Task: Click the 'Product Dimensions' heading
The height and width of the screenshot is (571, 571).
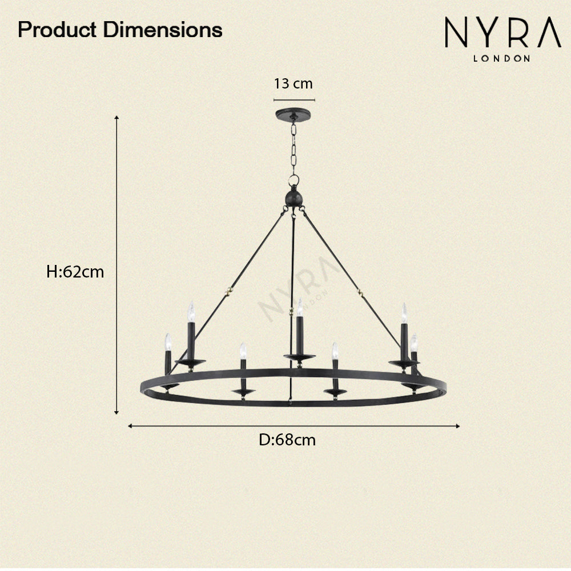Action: point(120,30)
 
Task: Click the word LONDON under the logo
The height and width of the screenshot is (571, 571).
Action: point(502,58)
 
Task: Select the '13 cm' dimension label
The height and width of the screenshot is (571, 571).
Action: point(293,84)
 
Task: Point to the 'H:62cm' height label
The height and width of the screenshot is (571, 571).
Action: point(75,272)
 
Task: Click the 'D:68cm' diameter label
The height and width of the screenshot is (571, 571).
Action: point(287,440)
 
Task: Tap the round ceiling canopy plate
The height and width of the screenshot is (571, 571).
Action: point(293,114)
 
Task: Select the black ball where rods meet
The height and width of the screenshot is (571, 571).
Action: point(293,198)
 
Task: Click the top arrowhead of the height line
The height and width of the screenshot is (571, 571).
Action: point(117,118)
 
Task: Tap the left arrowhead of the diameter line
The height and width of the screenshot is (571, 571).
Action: point(131,425)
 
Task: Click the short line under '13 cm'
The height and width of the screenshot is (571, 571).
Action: point(293,99)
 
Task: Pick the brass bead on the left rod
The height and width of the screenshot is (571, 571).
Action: point(230,290)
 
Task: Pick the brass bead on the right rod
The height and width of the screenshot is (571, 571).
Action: point(360,292)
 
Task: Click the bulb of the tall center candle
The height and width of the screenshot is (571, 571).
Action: point(299,307)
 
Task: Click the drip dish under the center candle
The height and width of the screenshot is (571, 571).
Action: point(299,357)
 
